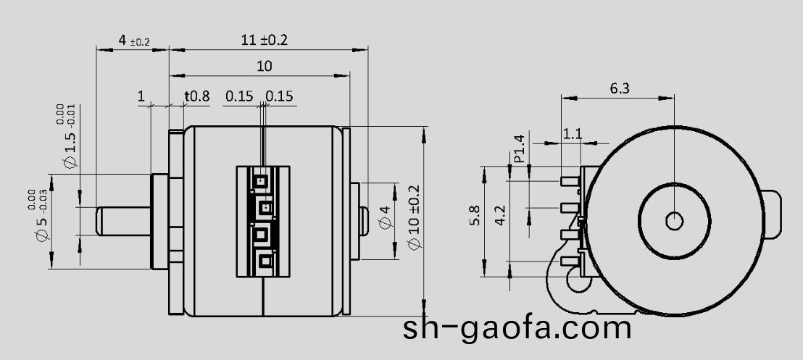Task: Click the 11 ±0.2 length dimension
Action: tap(264, 41)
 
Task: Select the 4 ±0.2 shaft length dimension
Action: tap(133, 41)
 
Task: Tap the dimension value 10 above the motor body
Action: tap(265, 67)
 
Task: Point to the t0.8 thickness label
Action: tap(196, 96)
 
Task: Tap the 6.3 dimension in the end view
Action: tap(620, 88)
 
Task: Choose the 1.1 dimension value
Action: tap(573, 134)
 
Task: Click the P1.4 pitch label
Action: tap(519, 148)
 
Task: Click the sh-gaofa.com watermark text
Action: tap(517, 327)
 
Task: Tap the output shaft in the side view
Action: tap(123, 220)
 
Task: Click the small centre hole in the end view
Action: tap(674, 220)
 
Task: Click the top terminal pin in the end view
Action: tap(572, 179)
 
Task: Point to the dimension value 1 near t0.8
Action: tap(141, 96)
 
